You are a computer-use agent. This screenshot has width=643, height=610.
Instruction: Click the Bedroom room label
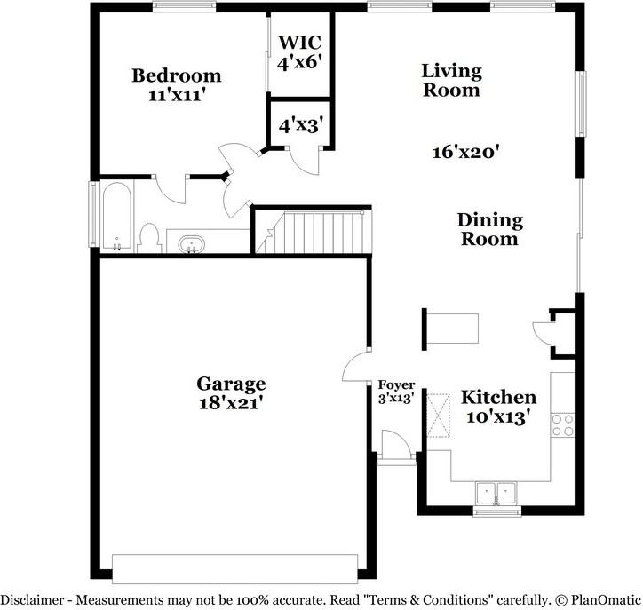click(177, 75)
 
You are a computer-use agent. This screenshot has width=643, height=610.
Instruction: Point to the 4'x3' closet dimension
click(300, 126)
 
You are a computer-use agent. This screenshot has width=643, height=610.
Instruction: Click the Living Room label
click(451, 80)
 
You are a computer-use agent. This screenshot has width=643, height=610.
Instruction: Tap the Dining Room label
click(489, 229)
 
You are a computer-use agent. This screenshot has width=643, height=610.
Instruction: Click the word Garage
click(231, 384)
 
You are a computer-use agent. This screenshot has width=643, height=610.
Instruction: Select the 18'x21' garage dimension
click(231, 402)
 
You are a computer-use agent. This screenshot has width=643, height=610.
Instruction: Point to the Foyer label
click(396, 384)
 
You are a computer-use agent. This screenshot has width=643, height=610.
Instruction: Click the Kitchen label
click(497, 398)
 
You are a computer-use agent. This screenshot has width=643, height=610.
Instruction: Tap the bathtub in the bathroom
click(116, 216)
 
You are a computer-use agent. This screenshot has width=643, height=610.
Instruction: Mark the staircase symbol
click(312, 231)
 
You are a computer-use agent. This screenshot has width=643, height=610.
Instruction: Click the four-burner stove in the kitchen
click(562, 424)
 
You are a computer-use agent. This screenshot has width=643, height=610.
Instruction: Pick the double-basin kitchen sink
click(496, 492)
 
